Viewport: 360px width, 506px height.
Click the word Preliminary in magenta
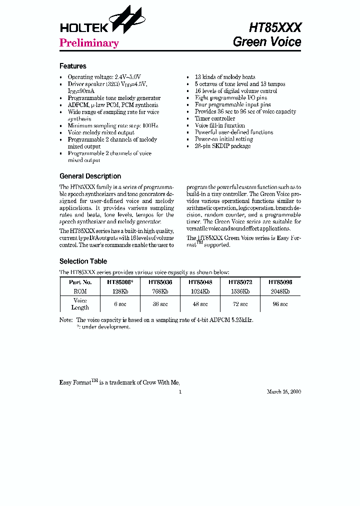[x=89, y=43]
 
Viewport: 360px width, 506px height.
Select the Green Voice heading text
[x=267, y=42]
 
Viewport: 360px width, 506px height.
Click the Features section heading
[x=73, y=66]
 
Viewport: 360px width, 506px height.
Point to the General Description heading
[x=90, y=176]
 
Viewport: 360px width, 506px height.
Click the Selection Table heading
[x=83, y=261]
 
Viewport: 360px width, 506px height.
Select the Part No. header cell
[x=80, y=282]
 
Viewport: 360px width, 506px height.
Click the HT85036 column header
[x=160, y=282]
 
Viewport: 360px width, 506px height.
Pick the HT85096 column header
[x=280, y=282]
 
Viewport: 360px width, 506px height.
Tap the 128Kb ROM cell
[x=120, y=290]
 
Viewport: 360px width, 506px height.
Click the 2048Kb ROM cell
[x=280, y=290]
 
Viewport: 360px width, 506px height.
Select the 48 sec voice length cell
[x=200, y=304]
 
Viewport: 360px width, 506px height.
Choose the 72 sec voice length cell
[x=240, y=304]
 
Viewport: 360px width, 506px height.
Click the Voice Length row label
[x=80, y=304]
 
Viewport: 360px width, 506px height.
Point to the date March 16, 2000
[x=283, y=392]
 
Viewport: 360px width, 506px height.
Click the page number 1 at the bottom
[x=180, y=392]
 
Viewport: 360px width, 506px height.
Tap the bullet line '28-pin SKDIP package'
[x=222, y=146]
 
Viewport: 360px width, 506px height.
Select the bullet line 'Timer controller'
[x=214, y=118]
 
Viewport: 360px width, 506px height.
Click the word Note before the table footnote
[x=65, y=320]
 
